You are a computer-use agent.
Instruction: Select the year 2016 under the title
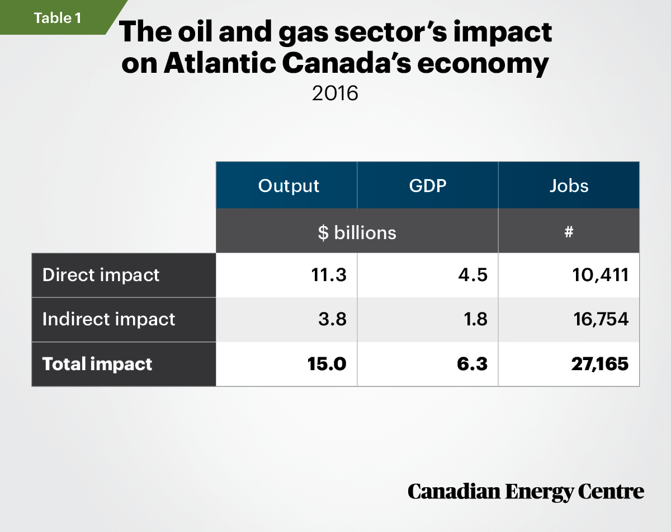335,93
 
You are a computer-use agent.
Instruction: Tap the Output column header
289,186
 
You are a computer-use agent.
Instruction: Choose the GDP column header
428,185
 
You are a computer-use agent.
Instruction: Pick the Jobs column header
569,185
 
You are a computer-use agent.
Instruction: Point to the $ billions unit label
357,233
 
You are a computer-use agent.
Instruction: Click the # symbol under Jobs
569,232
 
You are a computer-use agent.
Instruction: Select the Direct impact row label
101,275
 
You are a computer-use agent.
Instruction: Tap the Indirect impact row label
109,319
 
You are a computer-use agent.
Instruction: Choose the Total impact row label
97,364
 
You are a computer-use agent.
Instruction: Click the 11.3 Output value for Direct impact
329,275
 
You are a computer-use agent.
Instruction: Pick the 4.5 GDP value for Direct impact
472,275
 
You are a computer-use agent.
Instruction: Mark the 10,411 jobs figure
601,275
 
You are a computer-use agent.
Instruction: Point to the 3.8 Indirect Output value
332,319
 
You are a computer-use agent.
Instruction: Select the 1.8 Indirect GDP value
475,319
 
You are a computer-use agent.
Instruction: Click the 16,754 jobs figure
601,319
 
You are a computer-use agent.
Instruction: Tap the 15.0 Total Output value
327,364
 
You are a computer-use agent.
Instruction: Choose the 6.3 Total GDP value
472,364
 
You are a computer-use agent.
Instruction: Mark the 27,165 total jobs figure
600,364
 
